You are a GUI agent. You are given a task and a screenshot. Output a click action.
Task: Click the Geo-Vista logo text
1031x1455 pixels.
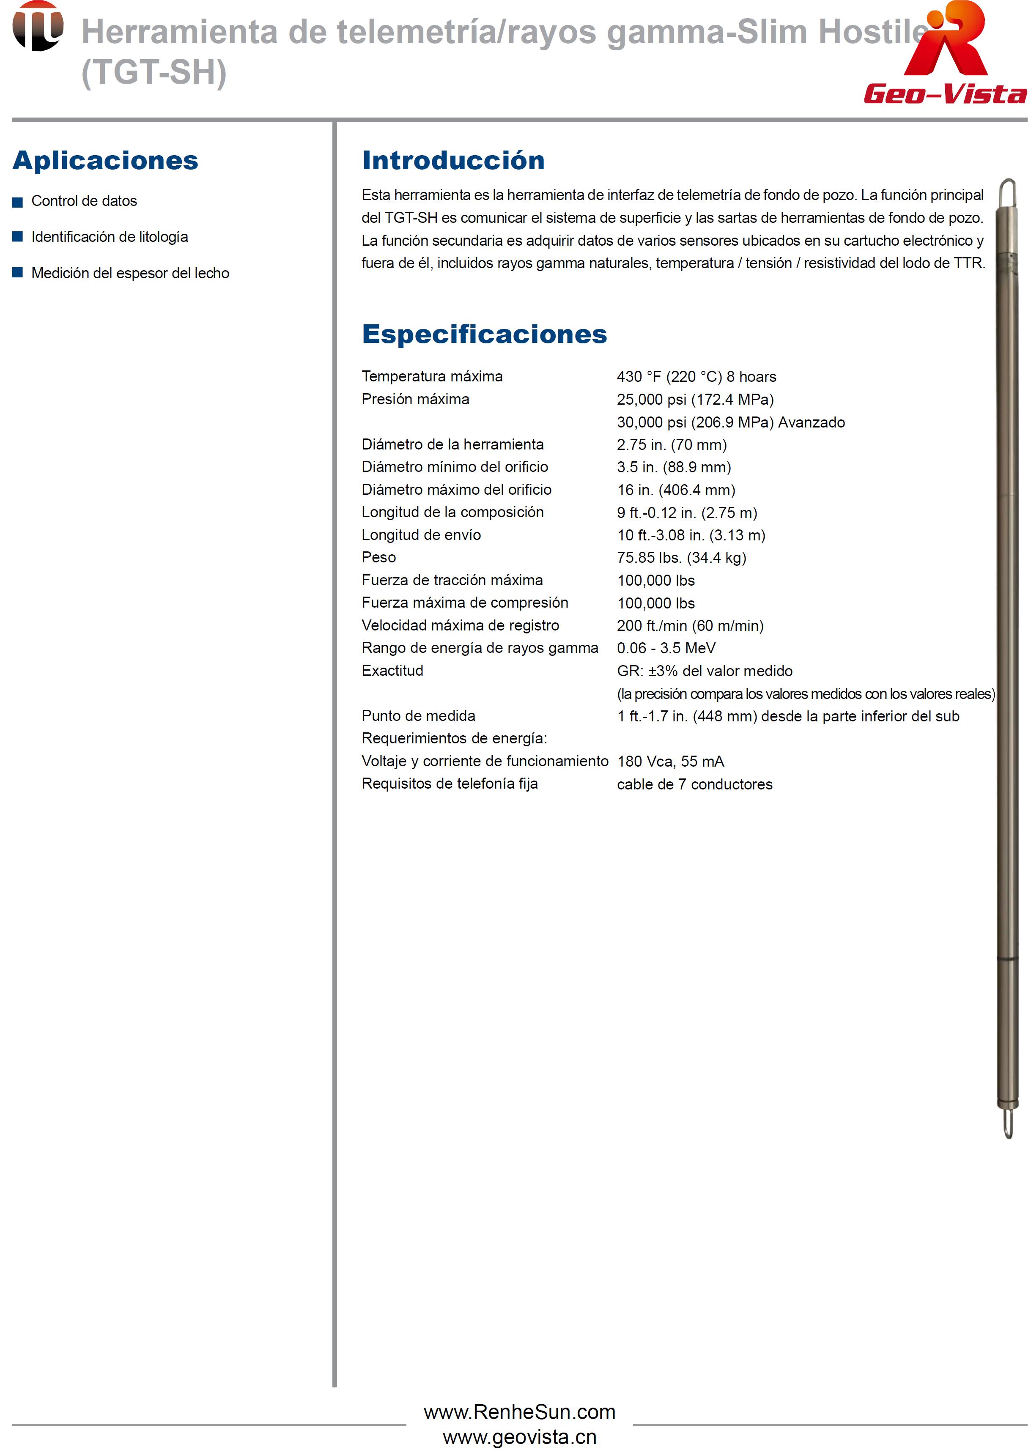coord(945,94)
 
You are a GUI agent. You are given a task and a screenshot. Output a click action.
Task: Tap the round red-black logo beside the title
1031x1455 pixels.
coord(38,26)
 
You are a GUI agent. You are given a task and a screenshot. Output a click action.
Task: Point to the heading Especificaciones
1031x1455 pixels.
coord(484,334)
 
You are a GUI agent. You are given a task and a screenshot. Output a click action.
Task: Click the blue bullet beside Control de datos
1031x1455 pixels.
coord(18,202)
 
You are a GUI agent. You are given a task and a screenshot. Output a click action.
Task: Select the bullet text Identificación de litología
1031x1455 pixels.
coord(110,237)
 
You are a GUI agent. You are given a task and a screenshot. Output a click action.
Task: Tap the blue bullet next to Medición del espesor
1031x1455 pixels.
coord(18,273)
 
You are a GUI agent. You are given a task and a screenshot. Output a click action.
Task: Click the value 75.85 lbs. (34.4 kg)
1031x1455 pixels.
coord(681,557)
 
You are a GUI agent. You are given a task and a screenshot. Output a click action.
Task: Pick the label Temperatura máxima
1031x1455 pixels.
coord(432,376)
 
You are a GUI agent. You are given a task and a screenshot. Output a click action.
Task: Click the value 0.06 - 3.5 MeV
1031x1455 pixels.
coord(666,648)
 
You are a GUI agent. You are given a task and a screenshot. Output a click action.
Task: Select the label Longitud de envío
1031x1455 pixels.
coord(421,535)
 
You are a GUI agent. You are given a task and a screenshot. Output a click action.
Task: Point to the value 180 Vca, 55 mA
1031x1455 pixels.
coord(670,761)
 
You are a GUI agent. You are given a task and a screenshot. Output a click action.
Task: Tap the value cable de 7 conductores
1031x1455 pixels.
coord(694,784)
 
